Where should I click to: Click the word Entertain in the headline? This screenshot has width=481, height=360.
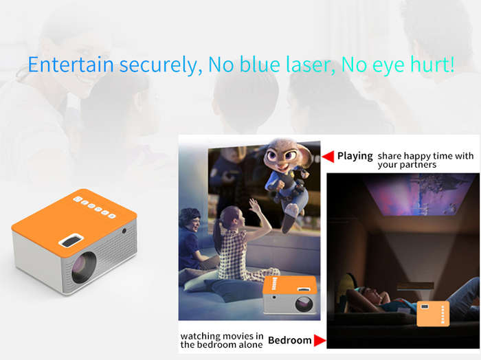(x=71, y=65)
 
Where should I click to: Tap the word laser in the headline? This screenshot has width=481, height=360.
(x=311, y=65)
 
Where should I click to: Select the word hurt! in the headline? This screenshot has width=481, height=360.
(x=432, y=65)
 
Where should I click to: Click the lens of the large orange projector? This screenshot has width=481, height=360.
(x=84, y=268)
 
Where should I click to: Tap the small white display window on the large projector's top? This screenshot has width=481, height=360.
(x=71, y=240)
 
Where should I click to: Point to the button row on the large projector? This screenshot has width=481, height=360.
(x=95, y=207)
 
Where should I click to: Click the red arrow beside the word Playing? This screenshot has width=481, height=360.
(x=328, y=157)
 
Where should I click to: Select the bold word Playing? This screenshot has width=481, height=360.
(x=355, y=156)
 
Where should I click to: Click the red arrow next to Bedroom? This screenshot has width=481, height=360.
(x=320, y=340)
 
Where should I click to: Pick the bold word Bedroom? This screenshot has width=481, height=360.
(x=289, y=340)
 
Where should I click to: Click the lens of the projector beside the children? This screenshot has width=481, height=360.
(x=304, y=304)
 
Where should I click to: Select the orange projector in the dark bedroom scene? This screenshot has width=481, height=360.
(x=433, y=313)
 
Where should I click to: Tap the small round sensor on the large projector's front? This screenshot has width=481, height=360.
(x=124, y=231)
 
